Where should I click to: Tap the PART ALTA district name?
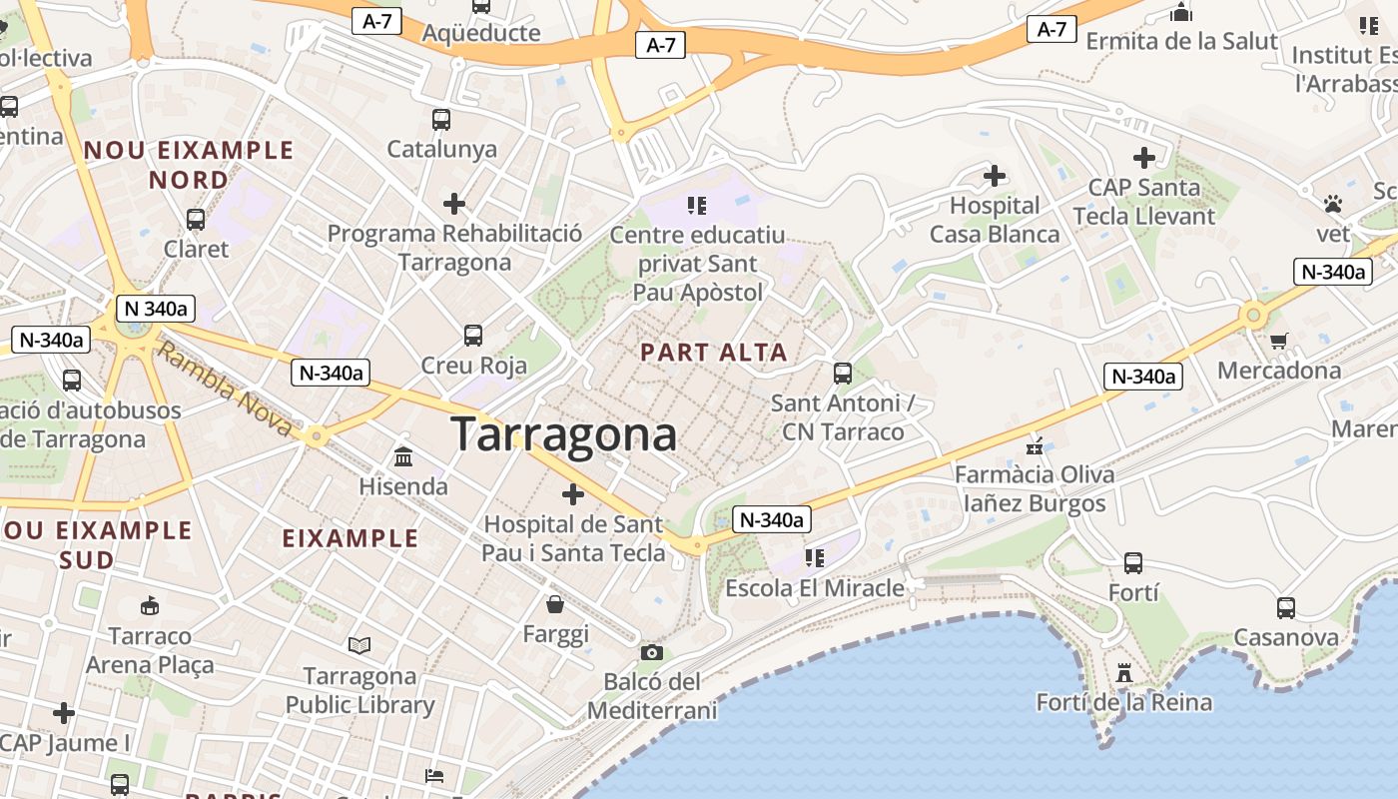714,353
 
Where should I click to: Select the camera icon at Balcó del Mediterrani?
652,653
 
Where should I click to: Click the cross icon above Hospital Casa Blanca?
995,177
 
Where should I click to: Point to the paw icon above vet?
1332,205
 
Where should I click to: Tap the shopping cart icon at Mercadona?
1279,341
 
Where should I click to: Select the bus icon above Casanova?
1286,607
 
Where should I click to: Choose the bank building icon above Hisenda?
404,456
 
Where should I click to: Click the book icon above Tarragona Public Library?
359,646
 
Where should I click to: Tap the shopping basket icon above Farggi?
555,604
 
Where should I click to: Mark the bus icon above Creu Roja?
473,336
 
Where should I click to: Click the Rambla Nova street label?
226,391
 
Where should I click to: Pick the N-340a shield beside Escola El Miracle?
771,519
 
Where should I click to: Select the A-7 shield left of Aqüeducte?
376,21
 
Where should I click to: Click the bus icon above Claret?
196,220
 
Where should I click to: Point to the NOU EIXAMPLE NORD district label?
189,165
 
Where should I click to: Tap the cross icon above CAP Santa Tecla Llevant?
1144,158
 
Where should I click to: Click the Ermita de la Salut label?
1181,41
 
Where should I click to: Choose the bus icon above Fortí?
1133,562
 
